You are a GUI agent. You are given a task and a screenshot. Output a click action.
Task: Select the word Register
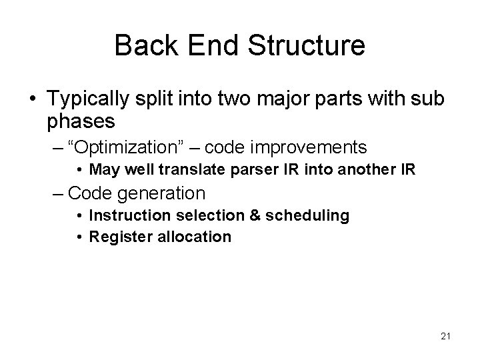pos(117,236)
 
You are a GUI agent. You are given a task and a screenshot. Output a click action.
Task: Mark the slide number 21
pos(445,336)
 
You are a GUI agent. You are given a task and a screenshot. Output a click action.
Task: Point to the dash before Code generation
pos(58,193)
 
